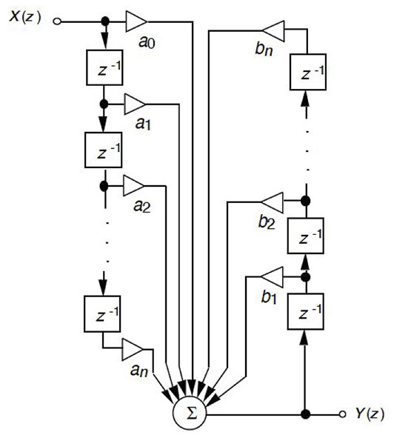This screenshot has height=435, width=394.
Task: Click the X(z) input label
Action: [25, 17]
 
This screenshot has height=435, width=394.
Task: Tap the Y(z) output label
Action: [370, 414]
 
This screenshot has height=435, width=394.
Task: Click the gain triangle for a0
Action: [136, 21]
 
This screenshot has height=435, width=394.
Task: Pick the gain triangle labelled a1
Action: [135, 104]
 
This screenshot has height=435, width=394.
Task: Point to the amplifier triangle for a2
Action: [133, 185]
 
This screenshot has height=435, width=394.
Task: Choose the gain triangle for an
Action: [133, 349]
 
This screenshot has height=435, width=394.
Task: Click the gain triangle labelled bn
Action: [273, 31]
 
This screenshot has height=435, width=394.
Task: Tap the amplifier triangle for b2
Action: [272, 202]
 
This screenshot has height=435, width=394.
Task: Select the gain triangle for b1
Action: [272, 277]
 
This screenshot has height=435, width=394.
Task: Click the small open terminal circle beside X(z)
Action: [57, 21]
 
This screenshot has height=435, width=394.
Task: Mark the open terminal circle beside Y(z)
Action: [342, 414]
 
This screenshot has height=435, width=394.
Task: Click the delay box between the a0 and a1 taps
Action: [104, 67]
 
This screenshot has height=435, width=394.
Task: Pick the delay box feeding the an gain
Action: [102, 313]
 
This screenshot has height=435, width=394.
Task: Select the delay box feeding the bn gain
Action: [308, 72]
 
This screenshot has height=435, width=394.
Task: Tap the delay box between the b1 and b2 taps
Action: [306, 236]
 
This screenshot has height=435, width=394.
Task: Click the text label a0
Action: [147, 43]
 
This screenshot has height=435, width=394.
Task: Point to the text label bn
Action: [264, 50]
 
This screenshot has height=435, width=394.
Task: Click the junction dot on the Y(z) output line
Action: [305, 414]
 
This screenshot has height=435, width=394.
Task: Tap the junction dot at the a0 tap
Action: [105, 21]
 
